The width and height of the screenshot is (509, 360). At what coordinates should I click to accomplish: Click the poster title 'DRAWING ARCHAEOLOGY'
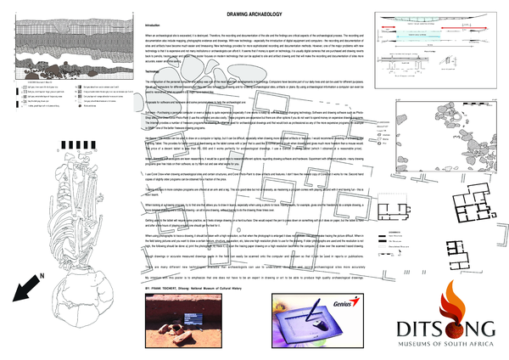tap(254, 16)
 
